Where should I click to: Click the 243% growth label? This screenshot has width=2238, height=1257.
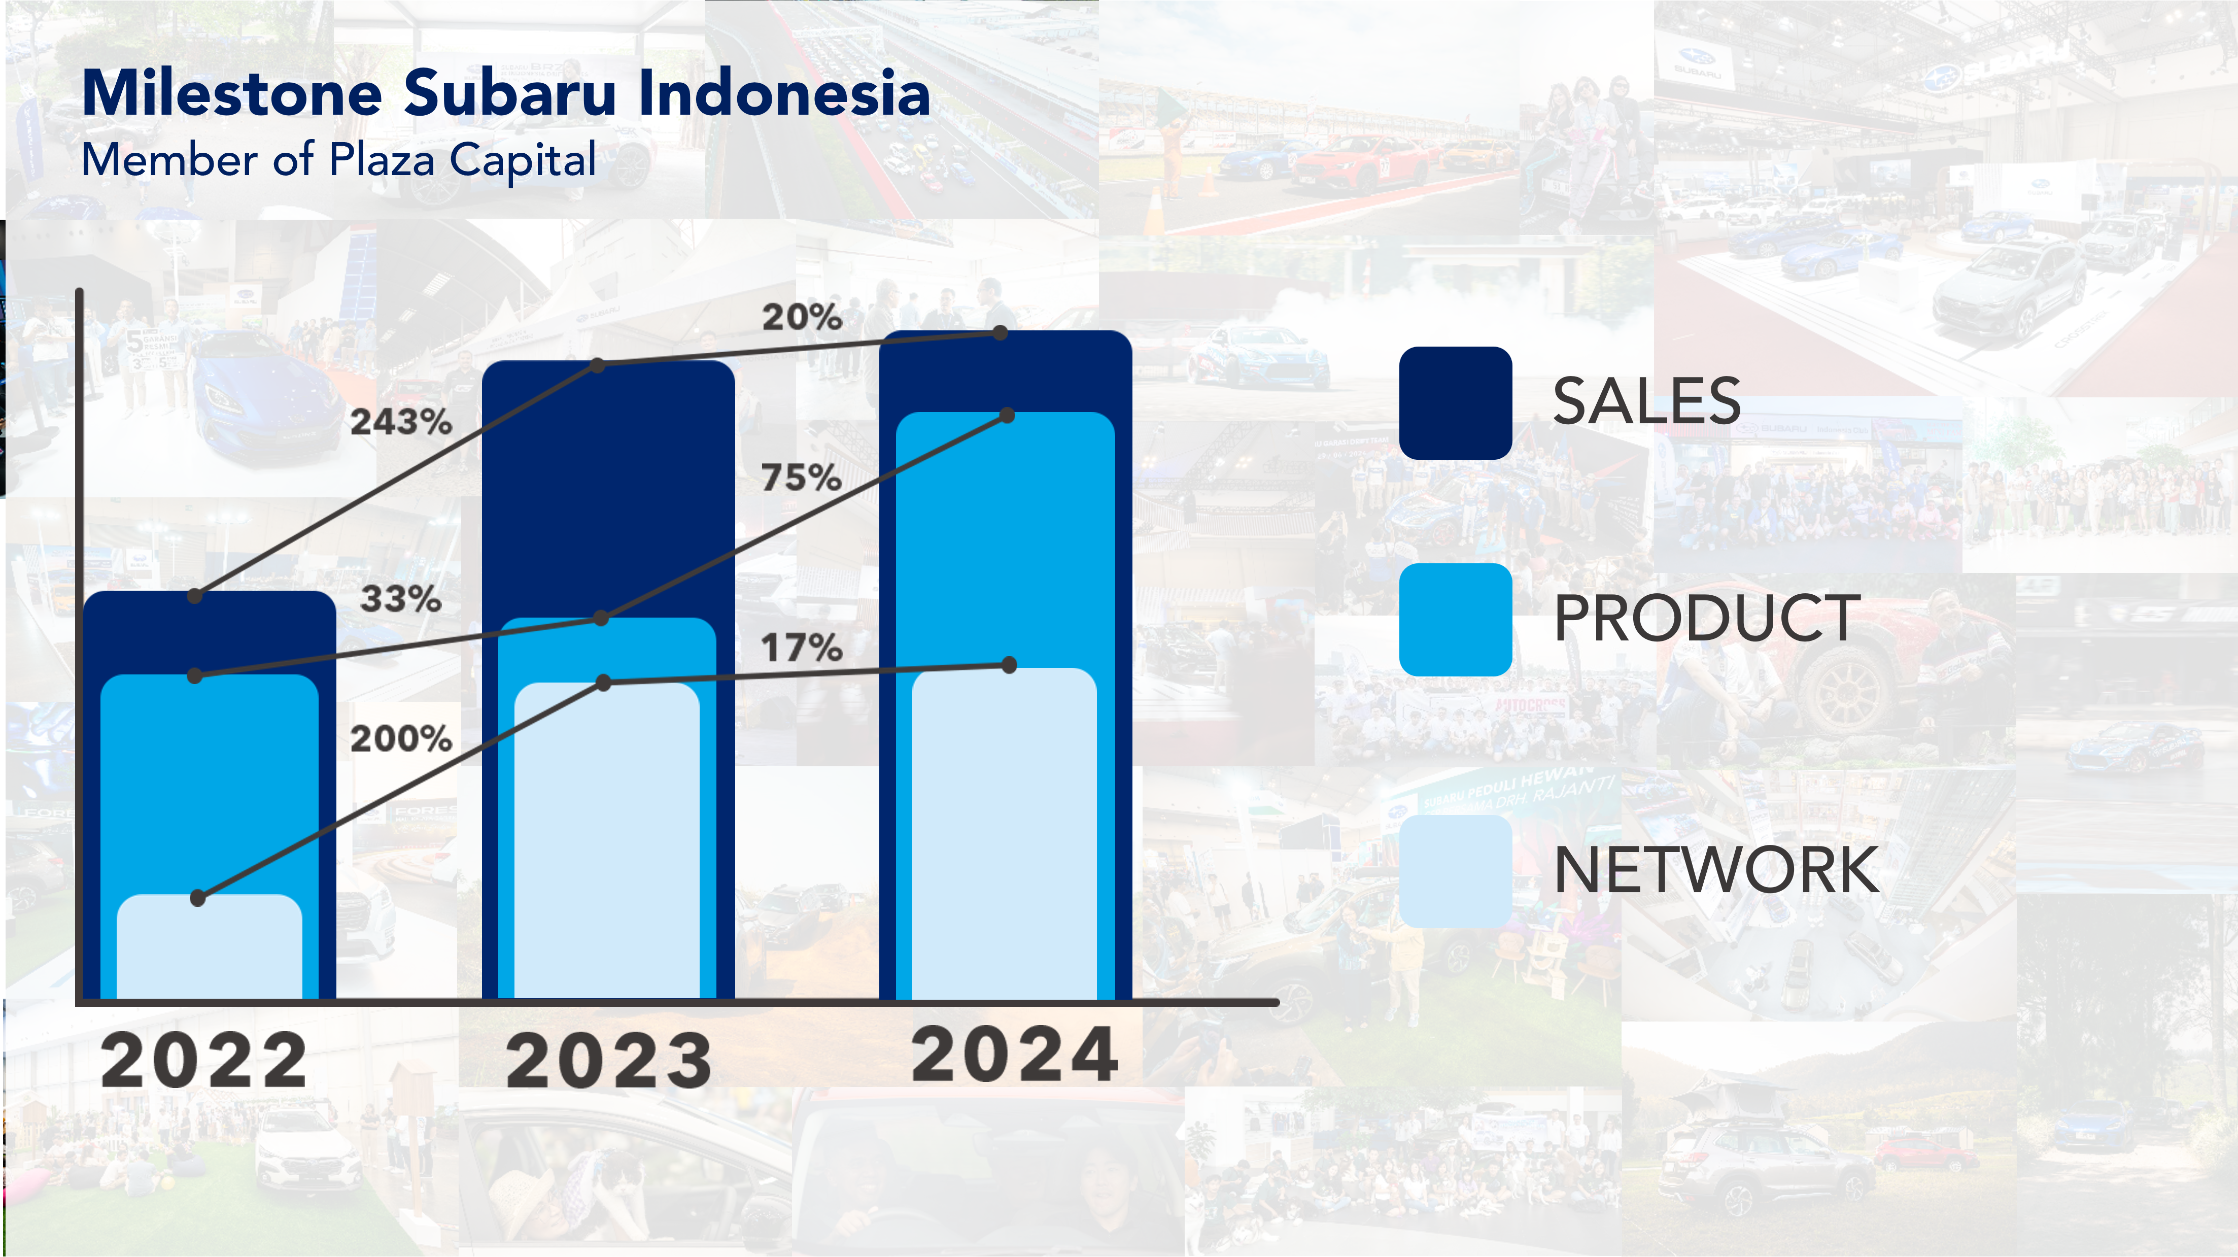[400, 422]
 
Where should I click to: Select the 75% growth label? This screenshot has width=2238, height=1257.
[801, 478]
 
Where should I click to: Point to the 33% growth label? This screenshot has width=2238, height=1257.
[400, 599]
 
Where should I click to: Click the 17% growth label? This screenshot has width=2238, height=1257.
[801, 648]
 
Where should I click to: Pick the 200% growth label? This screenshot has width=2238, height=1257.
[400, 739]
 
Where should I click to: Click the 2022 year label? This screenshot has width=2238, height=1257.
[204, 1061]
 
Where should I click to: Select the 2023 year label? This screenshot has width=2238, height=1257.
[609, 1061]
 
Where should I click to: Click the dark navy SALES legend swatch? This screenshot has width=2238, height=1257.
[1455, 403]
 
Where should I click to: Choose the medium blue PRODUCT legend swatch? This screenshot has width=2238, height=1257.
[1455, 620]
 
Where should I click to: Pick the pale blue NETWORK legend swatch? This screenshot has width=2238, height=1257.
[1455, 871]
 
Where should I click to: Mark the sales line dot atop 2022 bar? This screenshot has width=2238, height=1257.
[195, 596]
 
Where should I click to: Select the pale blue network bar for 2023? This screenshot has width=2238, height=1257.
[606, 842]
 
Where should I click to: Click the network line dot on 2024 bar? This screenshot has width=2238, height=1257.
[1009, 665]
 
